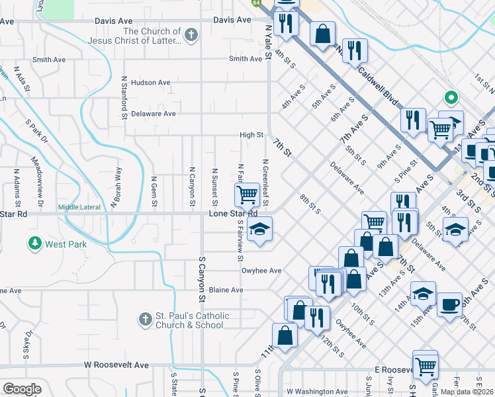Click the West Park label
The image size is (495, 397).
[x=66, y=244]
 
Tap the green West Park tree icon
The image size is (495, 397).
[x=34, y=244]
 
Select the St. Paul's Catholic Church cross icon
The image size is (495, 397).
[x=146, y=320]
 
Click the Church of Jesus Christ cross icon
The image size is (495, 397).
[x=191, y=36]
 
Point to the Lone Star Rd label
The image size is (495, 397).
[x=233, y=214]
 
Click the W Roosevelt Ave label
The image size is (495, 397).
[x=116, y=365]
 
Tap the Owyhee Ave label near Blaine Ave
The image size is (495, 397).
[x=263, y=271]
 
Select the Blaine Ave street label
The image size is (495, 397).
[x=226, y=290]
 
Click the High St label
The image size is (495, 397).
[x=251, y=135]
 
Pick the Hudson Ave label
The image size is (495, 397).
[x=151, y=83]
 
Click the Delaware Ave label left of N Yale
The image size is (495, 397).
[x=153, y=114]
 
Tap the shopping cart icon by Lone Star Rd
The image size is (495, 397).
[x=247, y=195]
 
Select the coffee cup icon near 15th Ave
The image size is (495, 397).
[x=449, y=304]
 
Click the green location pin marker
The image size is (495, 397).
[x=452, y=99]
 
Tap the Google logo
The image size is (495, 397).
[x=22, y=389]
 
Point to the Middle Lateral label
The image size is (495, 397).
[x=79, y=207]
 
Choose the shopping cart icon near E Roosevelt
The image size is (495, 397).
[x=426, y=364]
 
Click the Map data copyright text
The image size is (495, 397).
[x=468, y=392]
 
